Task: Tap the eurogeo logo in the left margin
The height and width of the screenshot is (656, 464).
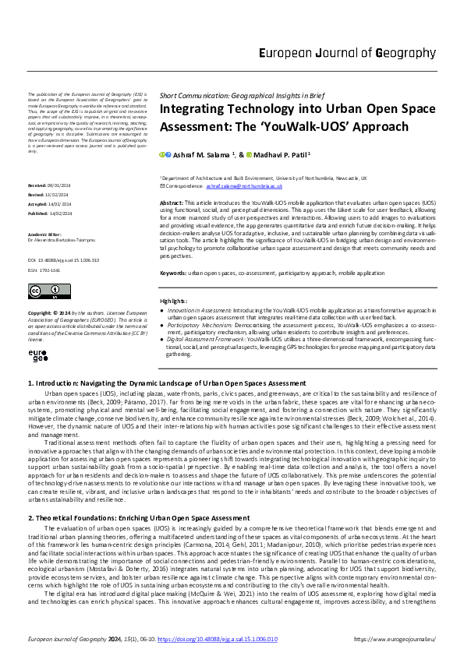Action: [x=38, y=355]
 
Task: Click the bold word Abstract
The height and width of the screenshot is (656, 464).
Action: [x=172, y=201]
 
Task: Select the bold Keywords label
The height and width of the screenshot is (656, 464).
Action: [x=175, y=273]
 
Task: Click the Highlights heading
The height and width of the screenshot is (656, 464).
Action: [x=174, y=301]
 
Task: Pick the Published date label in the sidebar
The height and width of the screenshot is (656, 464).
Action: [x=41, y=212]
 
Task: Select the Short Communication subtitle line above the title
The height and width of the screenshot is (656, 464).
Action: [x=236, y=94]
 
